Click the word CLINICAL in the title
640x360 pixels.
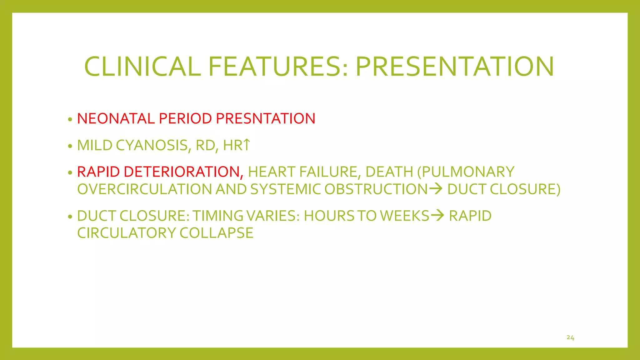point(142,67)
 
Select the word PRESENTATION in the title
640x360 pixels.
point(455,67)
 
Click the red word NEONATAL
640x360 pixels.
point(116,119)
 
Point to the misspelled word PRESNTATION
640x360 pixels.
point(266,119)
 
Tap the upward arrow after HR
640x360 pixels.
point(247,145)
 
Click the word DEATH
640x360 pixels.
point(389,172)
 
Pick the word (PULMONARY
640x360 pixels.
point(466,172)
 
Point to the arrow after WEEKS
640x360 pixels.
point(437,215)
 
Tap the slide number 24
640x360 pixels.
point(570,338)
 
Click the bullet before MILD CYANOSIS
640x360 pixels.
point(70,146)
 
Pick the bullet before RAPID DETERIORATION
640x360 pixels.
point(70,173)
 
